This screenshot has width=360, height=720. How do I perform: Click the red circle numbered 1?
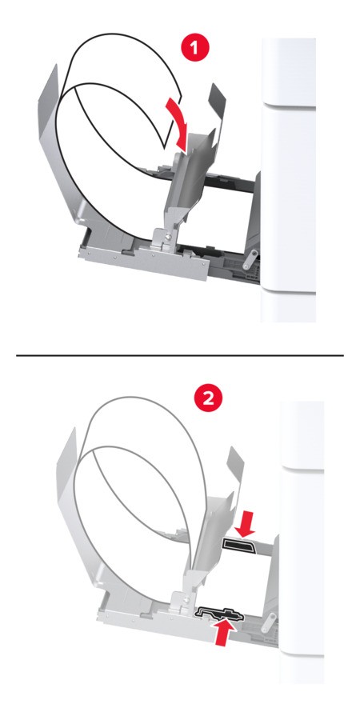point(196,49)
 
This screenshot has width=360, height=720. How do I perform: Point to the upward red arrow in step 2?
point(222,632)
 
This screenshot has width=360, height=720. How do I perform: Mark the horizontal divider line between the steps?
point(180,355)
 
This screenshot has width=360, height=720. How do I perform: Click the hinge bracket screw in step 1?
point(169,237)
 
